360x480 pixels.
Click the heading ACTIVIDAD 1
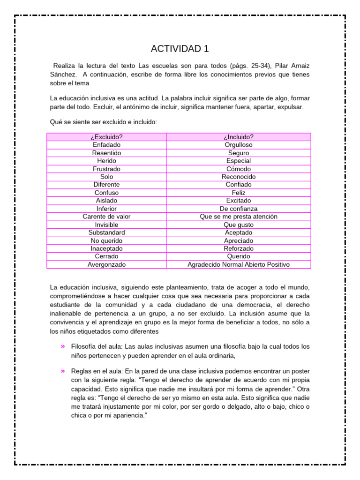coord(180,49)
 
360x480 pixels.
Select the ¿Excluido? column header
coord(106,137)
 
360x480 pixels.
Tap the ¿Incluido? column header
coord(239,137)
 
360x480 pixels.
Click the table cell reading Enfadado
coord(106,145)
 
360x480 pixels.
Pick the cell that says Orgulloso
coord(239,145)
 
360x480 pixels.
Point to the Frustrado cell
coord(106,169)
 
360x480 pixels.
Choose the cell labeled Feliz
coord(239,193)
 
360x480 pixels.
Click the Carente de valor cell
coord(106,217)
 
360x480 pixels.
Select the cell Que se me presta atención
coord(239,217)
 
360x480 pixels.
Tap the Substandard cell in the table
coord(106,232)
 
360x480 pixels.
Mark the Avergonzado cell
coord(106,264)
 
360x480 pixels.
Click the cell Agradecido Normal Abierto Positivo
coord(239,264)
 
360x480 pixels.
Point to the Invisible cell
coord(106,225)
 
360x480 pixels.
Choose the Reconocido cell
coord(239,177)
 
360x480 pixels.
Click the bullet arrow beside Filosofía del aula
coord(62,346)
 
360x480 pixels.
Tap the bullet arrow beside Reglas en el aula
coord(62,371)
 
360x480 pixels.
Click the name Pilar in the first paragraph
coord(282,66)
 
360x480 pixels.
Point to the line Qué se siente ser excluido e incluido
coord(104,122)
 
